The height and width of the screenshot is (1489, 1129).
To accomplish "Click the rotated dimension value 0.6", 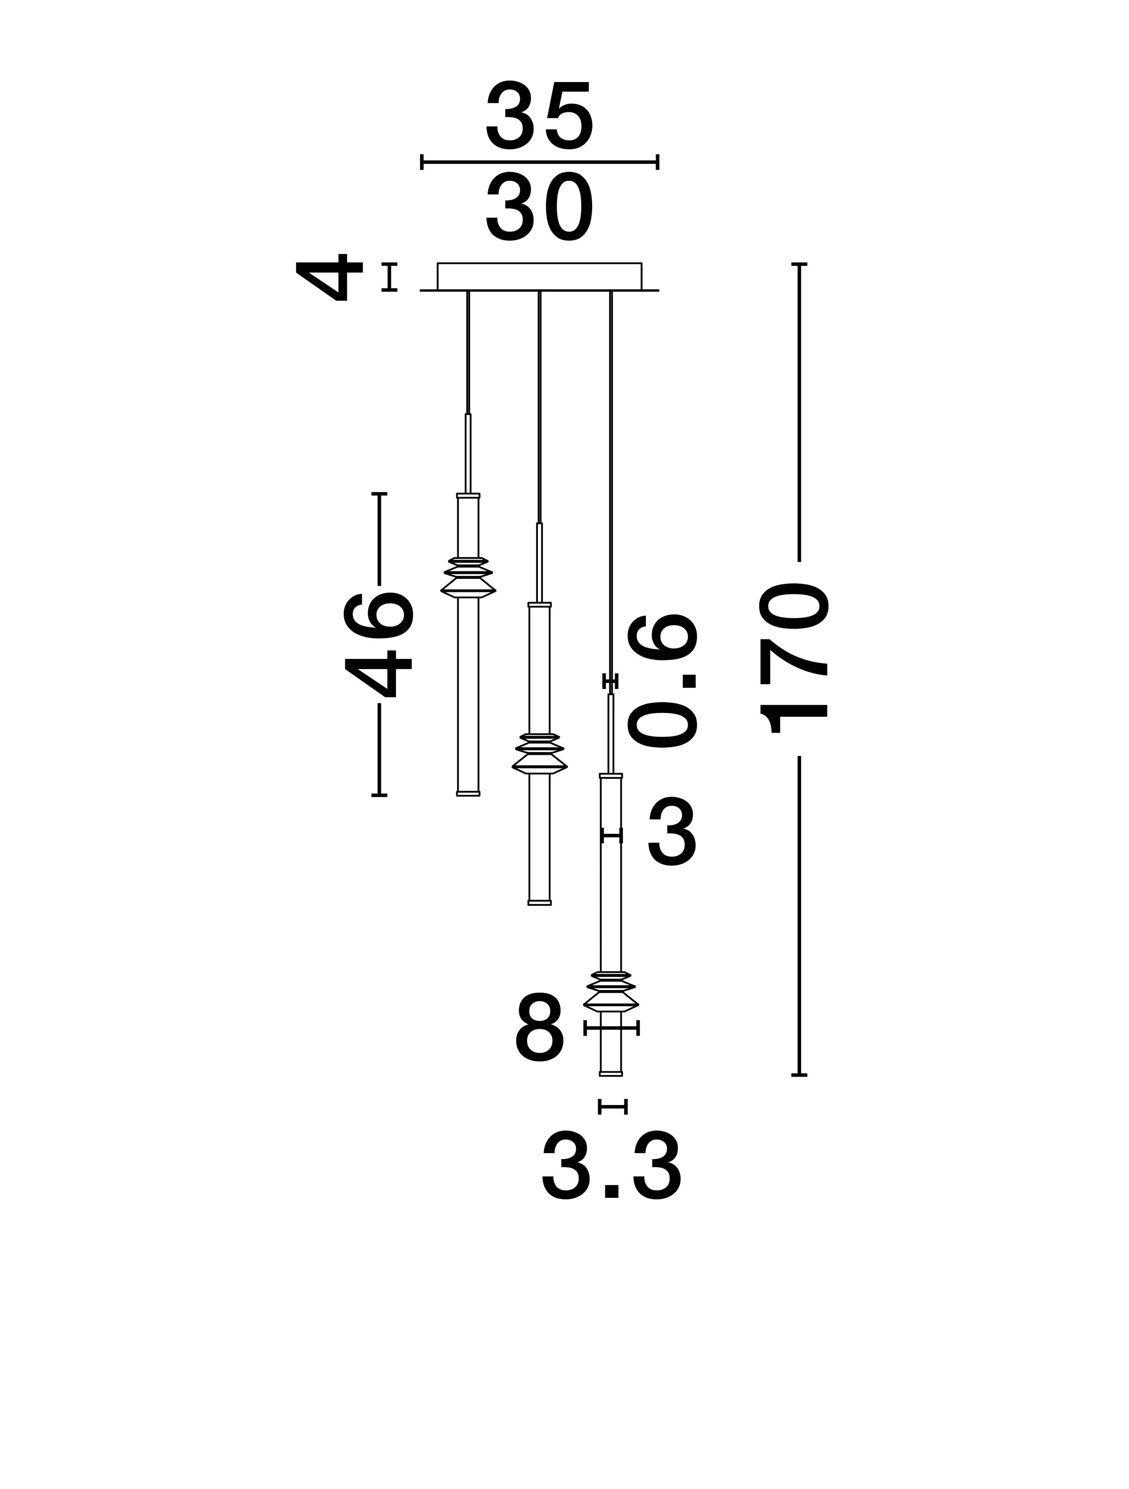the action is [662, 680].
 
